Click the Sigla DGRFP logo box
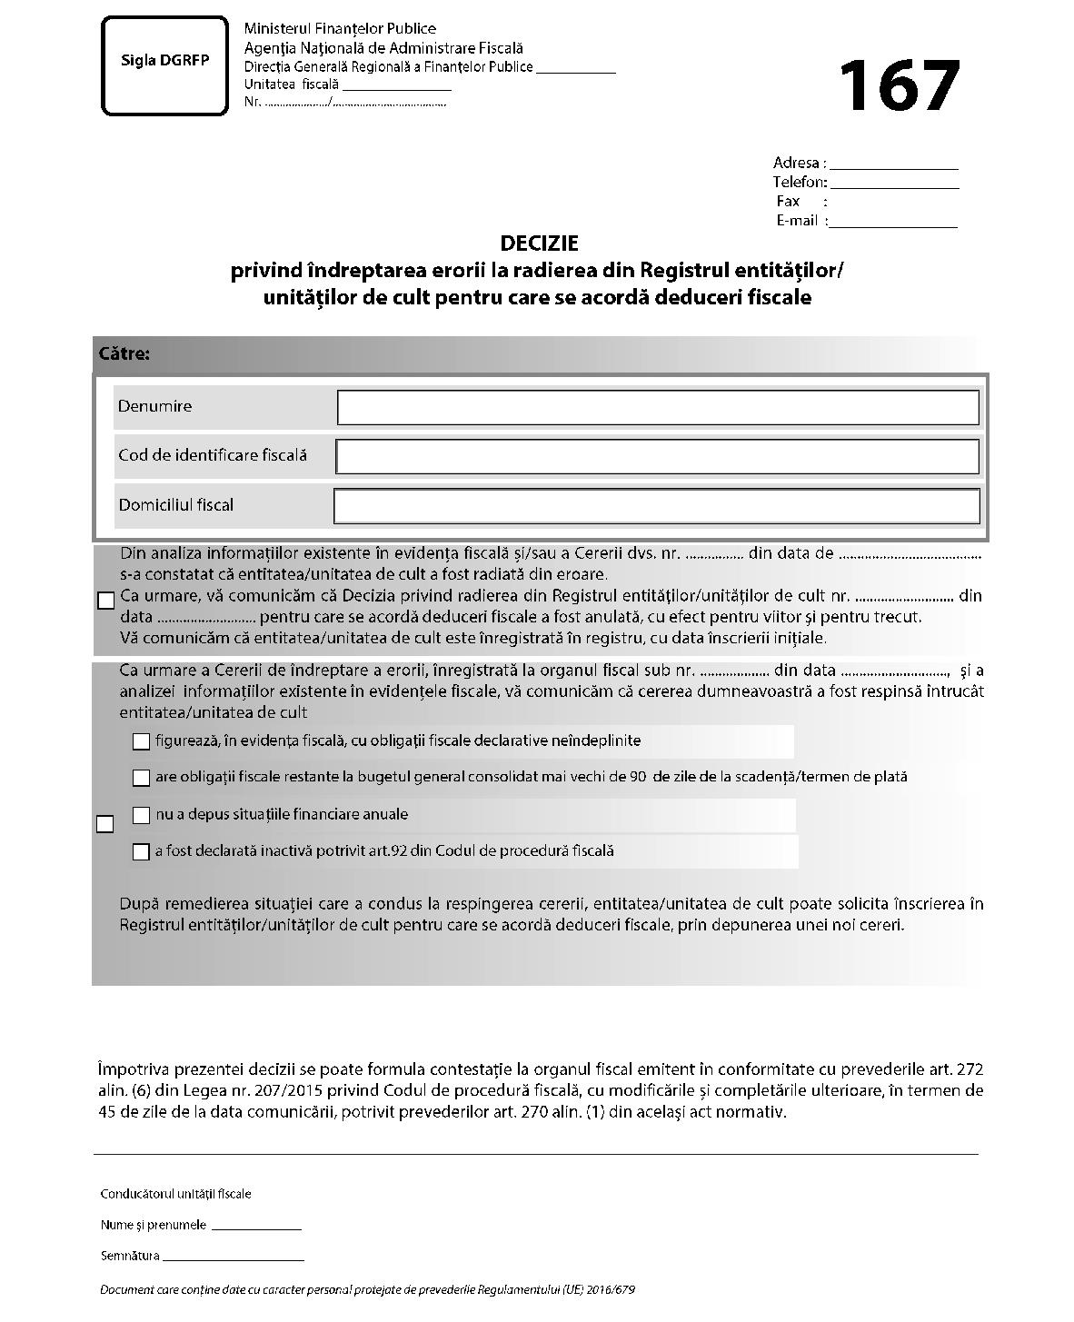tap(164, 65)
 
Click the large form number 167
tap(898, 86)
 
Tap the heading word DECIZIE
tap(539, 244)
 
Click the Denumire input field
tap(657, 408)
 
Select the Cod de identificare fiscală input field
tap(657, 457)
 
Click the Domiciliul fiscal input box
tap(657, 506)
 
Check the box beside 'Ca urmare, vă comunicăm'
tap(105, 601)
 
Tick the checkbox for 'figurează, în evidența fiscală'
tap(141, 741)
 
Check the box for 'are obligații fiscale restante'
tap(141, 778)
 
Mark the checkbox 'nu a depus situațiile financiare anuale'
tap(141, 815)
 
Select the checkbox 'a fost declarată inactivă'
tap(141, 852)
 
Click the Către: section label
tap(124, 354)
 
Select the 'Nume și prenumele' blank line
tap(255, 1228)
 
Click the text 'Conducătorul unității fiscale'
tap(175, 1194)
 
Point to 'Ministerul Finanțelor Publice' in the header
tap(340, 29)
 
